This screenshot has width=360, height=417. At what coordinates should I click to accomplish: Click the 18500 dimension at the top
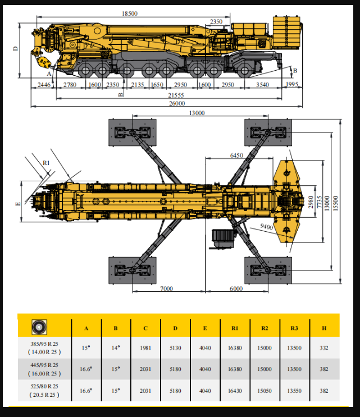130,13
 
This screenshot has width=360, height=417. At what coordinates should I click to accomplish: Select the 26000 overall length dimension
177,103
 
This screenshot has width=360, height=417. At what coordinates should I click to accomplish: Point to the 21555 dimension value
176,95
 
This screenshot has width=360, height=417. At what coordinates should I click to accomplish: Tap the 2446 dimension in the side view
44,85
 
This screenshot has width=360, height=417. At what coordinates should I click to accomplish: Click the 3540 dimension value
263,85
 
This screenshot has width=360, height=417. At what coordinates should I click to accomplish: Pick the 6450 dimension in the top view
236,155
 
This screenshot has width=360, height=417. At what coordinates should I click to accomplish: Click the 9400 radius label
266,227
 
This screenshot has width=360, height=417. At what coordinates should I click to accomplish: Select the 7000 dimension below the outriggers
167,288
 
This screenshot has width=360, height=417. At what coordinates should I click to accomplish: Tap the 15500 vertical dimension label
335,203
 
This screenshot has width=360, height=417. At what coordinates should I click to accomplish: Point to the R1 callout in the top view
46,163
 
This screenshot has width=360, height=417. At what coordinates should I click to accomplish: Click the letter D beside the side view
16,49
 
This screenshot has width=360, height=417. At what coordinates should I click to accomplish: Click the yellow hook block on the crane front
43,63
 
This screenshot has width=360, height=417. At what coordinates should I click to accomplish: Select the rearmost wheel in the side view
244,71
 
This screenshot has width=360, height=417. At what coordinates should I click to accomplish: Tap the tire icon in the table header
39,327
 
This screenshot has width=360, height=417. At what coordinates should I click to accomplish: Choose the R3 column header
294,328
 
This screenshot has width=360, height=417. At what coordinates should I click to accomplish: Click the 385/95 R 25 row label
44,343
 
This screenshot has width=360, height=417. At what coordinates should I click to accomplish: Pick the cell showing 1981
145,348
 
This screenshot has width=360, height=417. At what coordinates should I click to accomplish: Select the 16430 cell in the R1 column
235,391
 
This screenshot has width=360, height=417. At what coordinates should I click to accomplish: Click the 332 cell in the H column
324,348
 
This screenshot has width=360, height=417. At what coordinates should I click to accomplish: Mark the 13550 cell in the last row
294,391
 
